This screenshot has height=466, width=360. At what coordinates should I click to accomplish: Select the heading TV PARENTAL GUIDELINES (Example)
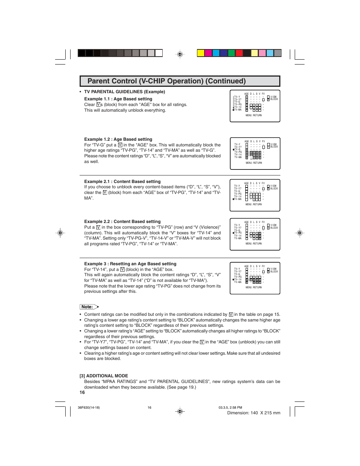coord(125,92)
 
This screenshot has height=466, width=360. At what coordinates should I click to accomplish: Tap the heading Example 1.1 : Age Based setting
coord(118,99)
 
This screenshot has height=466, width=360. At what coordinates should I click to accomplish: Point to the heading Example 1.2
coord(118,139)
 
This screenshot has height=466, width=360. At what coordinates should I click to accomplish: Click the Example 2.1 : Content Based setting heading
coord(122,181)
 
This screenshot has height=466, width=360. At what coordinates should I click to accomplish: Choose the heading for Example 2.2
coord(122,221)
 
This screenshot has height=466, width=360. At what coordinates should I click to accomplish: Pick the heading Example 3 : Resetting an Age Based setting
coord(130,264)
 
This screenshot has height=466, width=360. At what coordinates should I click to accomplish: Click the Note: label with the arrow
coord(89,307)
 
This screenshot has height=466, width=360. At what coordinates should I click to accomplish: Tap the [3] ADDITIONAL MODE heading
coord(104,376)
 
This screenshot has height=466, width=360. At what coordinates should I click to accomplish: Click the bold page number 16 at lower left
coord(82,392)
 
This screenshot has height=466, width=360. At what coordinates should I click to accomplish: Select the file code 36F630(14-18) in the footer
coord(89,408)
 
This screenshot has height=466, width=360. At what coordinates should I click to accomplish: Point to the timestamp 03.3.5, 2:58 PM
coord(230,408)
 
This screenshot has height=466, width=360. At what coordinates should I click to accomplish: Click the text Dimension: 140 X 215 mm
coord(254,413)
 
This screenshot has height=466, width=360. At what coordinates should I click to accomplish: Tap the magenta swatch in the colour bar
coord(208,53)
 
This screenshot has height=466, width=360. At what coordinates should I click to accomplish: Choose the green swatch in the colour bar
coord(231,53)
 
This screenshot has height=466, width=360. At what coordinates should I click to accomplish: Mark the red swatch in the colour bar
coord(239,53)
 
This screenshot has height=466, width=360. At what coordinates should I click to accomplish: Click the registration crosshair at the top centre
coord(180,54)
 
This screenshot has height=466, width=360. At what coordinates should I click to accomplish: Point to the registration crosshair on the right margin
coord(300,233)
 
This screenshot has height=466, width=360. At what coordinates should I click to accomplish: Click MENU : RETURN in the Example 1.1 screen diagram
coord(254,115)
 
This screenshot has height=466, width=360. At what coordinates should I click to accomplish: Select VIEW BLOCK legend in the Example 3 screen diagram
coord(273,270)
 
